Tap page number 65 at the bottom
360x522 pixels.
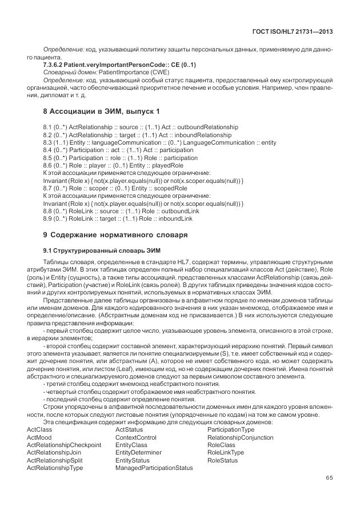click(329, 478)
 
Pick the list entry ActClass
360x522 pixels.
click(39, 430)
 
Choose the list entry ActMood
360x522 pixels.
click(39, 437)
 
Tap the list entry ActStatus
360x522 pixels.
click(129, 430)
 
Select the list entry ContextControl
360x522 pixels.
click(135, 437)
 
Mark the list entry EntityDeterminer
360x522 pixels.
click(138, 452)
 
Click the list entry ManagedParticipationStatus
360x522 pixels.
click(154, 468)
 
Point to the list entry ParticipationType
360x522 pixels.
click(231, 430)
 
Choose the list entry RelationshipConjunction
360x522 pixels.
click(240, 437)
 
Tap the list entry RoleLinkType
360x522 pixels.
click(226, 452)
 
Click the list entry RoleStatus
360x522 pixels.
click(222, 460)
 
